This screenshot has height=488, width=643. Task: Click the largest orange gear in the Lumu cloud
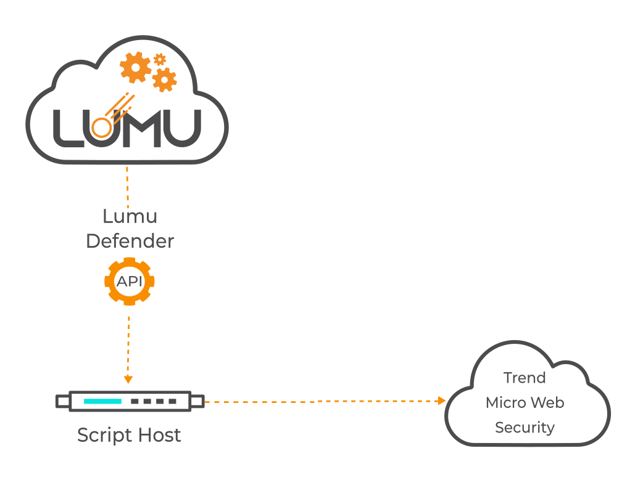point(135,67)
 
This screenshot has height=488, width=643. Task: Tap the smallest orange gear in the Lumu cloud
point(160,59)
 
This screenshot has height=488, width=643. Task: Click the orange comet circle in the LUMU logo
point(101,128)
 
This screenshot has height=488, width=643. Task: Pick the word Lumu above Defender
point(130,216)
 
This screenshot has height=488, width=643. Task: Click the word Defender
point(130,241)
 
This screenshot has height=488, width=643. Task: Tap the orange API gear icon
point(129,281)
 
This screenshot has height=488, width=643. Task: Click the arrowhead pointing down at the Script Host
point(128,379)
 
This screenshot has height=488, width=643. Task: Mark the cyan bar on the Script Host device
point(102,402)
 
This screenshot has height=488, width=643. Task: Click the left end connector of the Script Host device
point(62,402)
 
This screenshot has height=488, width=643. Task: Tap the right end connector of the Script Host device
point(197,402)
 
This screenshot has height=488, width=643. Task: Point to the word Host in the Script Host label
point(158,435)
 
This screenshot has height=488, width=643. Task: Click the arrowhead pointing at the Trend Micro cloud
point(441,401)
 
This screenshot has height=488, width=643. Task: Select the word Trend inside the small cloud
point(525,378)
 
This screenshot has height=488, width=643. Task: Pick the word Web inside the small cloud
point(549,403)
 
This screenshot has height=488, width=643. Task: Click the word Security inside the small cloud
point(525,428)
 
